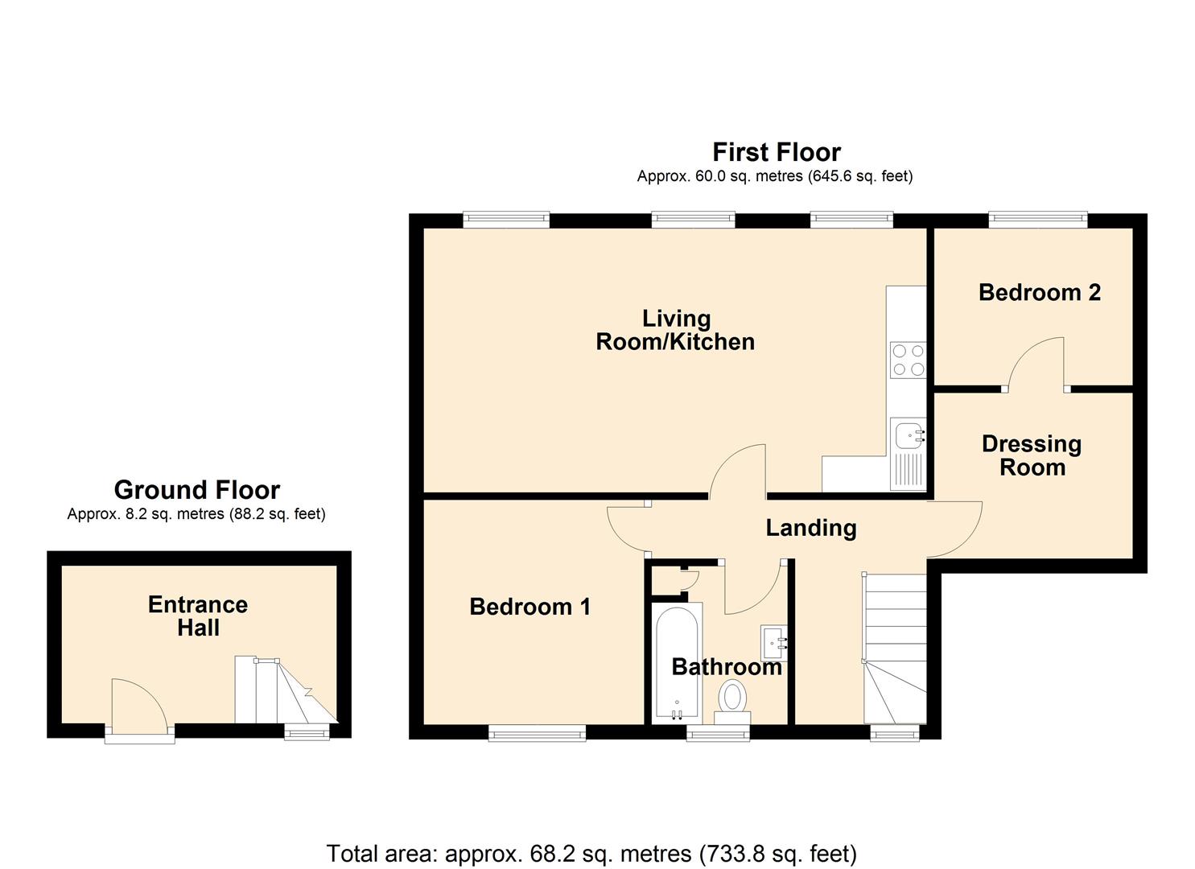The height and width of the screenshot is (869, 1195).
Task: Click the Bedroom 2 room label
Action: point(1039,292)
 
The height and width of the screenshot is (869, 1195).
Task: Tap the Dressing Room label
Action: point(1032,455)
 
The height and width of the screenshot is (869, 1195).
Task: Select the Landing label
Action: point(810,528)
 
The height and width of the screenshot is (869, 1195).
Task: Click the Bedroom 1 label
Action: point(530,606)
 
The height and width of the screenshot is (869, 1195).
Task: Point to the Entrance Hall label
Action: point(198,616)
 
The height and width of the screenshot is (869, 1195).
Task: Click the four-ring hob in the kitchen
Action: point(908,360)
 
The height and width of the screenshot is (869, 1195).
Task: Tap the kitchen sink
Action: point(909,436)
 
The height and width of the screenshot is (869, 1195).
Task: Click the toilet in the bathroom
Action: point(731,698)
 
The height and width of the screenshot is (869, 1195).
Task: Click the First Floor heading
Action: point(776,152)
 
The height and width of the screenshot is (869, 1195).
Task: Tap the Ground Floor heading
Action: point(197,489)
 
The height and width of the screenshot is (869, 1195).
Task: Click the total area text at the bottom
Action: point(591,853)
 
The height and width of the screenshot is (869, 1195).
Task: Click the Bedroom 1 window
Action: point(537,732)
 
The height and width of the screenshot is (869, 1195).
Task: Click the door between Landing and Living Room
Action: point(737,471)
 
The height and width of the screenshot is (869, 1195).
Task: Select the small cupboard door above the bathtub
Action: point(686,580)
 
